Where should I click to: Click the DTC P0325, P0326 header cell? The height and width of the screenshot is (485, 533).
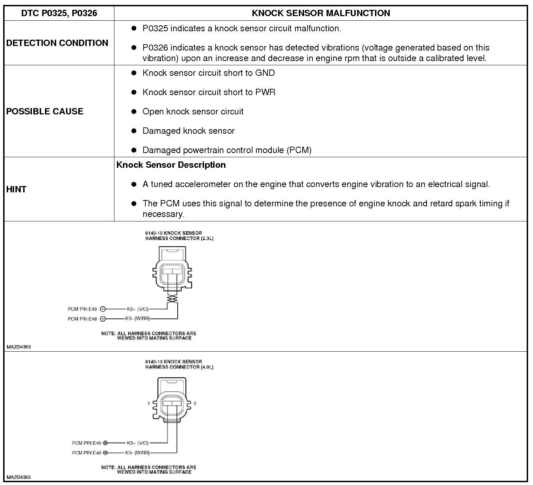click(x=59, y=13)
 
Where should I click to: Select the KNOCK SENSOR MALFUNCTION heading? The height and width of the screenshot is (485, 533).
click(x=321, y=13)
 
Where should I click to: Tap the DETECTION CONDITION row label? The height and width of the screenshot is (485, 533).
click(x=57, y=43)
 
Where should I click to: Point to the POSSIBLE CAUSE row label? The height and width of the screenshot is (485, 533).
click(x=45, y=111)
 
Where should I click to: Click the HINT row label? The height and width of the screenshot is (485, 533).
click(x=16, y=189)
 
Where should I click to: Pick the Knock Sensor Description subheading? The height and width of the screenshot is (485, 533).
click(x=171, y=165)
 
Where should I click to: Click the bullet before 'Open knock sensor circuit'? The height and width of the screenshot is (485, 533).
click(x=134, y=112)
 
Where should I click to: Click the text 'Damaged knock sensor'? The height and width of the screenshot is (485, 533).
click(x=189, y=131)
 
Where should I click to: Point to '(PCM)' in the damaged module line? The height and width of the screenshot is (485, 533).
click(x=299, y=150)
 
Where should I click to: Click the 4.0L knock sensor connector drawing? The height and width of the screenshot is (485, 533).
click(x=172, y=402)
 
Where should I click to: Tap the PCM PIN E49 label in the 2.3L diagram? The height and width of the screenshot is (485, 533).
click(x=82, y=309)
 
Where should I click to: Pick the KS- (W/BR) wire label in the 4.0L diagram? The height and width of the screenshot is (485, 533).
click(x=138, y=453)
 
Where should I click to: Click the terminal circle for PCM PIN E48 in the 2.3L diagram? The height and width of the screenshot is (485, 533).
click(x=103, y=319)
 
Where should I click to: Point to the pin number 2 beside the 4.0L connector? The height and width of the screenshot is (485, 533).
click(x=195, y=403)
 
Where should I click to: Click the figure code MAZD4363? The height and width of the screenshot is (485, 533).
click(x=19, y=347)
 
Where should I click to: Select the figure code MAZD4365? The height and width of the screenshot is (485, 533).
click(x=19, y=477)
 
